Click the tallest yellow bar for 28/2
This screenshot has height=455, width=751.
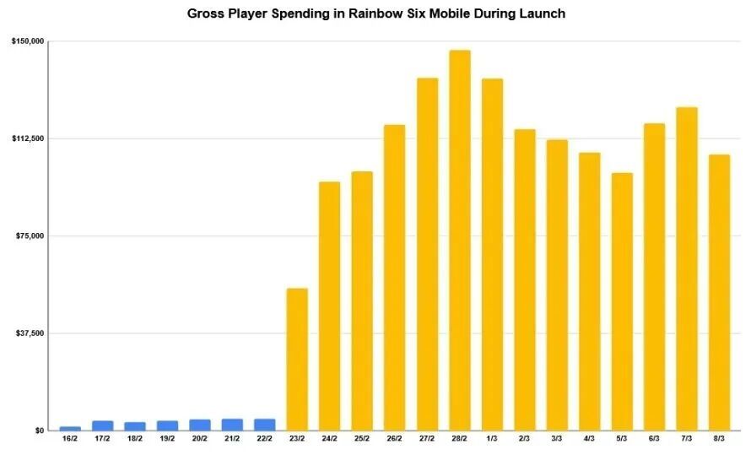[459, 240]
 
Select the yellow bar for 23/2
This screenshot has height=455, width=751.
[297, 360]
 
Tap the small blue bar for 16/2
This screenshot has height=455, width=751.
[70, 429]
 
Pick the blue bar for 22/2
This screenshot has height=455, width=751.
[264, 425]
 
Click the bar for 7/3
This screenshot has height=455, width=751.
[687, 268]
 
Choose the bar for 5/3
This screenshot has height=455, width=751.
[622, 301]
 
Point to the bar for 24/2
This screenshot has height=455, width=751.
[330, 306]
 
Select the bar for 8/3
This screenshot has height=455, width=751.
[720, 293]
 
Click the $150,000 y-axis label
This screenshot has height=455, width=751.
[28, 41]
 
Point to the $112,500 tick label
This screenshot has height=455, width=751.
[28, 138]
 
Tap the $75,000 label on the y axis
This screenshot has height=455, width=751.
[30, 236]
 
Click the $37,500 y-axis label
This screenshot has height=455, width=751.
[30, 333]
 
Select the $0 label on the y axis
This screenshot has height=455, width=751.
[40, 431]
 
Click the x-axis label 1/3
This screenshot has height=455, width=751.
[492, 438]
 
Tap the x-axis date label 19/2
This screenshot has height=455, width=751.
[167, 438]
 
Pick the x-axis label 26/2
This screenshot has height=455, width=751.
[395, 438]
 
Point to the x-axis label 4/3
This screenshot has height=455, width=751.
[589, 438]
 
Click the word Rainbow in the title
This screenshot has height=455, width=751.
[371, 14]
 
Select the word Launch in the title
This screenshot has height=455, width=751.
[541, 14]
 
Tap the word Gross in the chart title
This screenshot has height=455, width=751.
[203, 14]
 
